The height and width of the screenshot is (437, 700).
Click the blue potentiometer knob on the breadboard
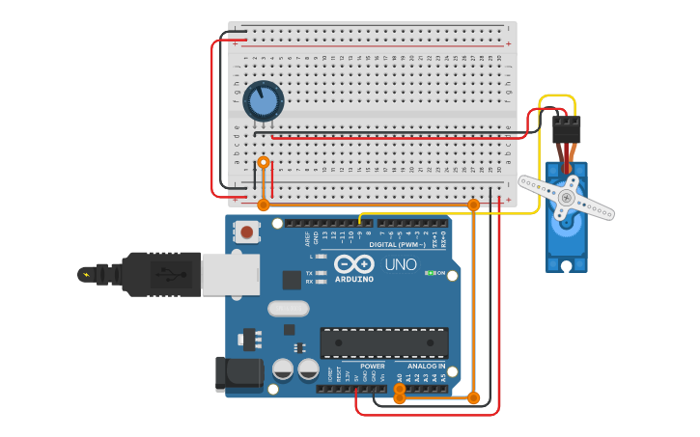click(x=263, y=100)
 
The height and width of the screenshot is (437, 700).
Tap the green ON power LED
click(x=430, y=273)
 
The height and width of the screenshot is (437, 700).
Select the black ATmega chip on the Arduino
click(x=384, y=342)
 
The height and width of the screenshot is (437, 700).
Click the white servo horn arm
click(x=567, y=198)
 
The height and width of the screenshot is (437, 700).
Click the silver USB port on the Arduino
click(x=230, y=274)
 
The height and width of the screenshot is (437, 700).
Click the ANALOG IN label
click(x=426, y=367)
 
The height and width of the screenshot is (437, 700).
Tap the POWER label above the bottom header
click(x=373, y=367)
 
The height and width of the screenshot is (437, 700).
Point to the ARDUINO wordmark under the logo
click(x=353, y=279)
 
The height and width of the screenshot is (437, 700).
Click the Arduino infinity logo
click(x=354, y=263)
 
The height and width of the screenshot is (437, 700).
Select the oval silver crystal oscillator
click(x=287, y=309)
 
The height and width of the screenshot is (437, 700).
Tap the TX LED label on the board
click(x=309, y=273)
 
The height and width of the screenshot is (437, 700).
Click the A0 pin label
click(x=400, y=378)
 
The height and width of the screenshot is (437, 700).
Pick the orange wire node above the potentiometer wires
click(x=264, y=162)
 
